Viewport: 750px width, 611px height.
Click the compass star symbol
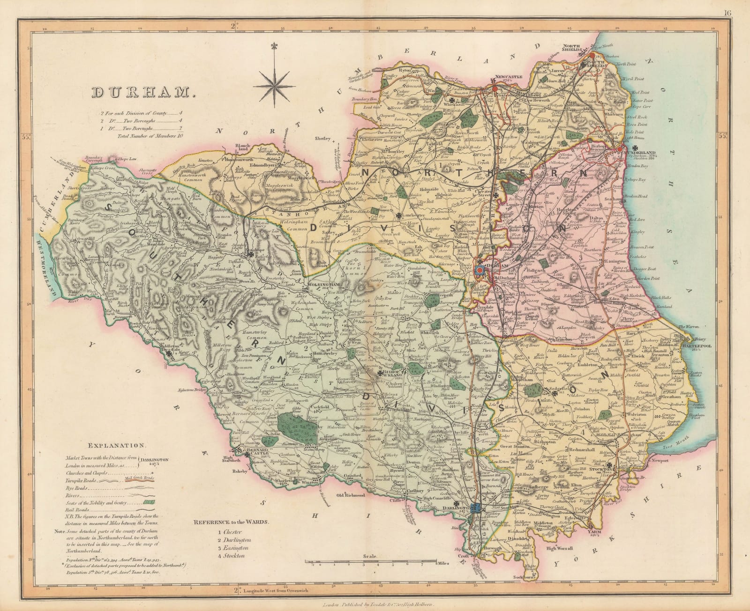click(x=275, y=84)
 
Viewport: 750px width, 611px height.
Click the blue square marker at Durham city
click(x=480, y=270)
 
